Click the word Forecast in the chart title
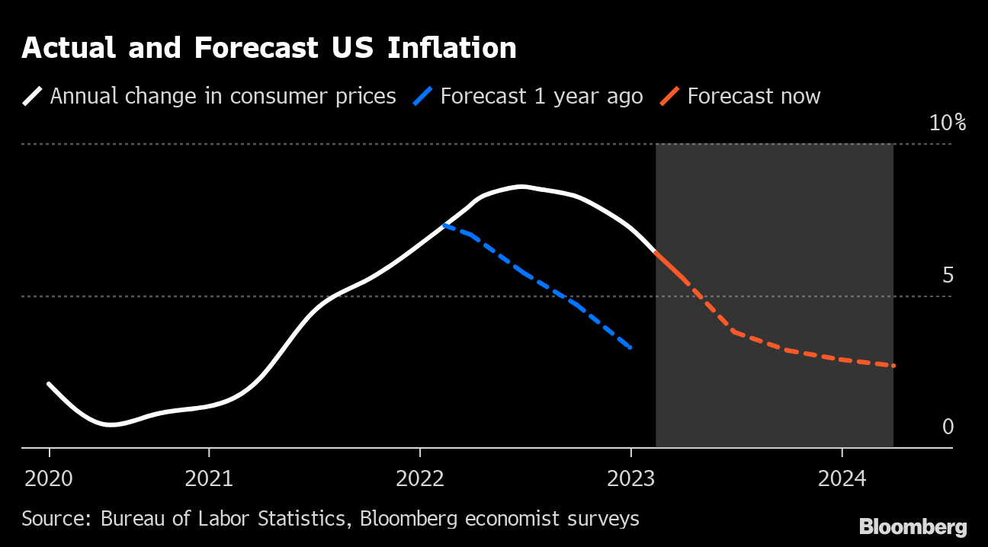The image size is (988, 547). point(255,48)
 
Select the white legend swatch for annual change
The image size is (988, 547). point(34,97)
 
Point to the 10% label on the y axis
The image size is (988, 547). point(947,123)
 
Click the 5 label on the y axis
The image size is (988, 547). point(948,275)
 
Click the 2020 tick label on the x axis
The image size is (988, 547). point(50,479)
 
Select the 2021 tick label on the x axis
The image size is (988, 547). point(209,479)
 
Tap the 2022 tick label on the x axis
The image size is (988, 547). point(420,479)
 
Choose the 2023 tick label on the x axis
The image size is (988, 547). point(630,479)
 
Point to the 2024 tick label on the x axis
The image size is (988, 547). point(842,479)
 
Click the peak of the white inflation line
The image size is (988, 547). point(521,187)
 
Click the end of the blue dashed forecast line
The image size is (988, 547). point(630,348)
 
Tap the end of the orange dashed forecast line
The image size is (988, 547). point(893,366)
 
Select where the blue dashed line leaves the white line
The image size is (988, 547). point(444,225)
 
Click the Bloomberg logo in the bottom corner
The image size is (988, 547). point(913,526)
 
